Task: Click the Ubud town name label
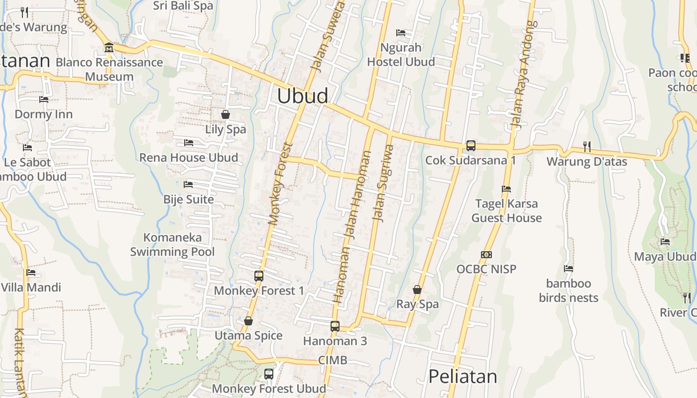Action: pyautogui.click(x=302, y=96)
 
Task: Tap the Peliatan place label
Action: pyautogui.click(x=463, y=376)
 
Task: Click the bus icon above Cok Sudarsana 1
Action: pyautogui.click(x=470, y=146)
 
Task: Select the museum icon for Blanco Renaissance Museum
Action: pyautogui.click(x=109, y=48)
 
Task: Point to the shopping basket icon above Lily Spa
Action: pyautogui.click(x=226, y=114)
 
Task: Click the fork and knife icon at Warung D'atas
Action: pyautogui.click(x=587, y=146)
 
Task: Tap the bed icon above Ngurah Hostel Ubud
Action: pyautogui.click(x=401, y=33)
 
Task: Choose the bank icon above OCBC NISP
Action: pyautogui.click(x=486, y=255)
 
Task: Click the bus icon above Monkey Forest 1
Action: pyautogui.click(x=259, y=276)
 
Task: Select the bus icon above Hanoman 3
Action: pyautogui.click(x=335, y=326)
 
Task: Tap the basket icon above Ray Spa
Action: pyautogui.click(x=417, y=290)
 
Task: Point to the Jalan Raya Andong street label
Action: pyautogui.click(x=524, y=75)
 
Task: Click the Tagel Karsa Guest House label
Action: pyautogui.click(x=506, y=211)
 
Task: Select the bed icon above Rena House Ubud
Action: pyautogui.click(x=188, y=143)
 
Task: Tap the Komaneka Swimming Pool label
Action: pyautogui.click(x=172, y=244)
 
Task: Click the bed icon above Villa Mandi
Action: pyautogui.click(x=31, y=273)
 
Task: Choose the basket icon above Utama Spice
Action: pyautogui.click(x=248, y=321)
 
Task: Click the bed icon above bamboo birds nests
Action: pyautogui.click(x=569, y=269)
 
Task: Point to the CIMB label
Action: pyautogui.click(x=333, y=360)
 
